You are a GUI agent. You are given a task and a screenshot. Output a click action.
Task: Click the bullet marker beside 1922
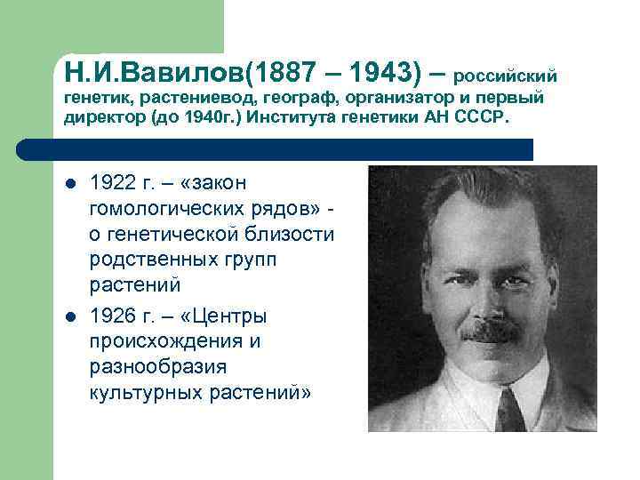pyautogui.click(x=71, y=184)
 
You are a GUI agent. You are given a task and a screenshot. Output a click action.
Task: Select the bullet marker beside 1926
pyautogui.click(x=71, y=316)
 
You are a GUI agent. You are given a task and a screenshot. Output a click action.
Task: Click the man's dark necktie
pyautogui.click(x=509, y=411)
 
